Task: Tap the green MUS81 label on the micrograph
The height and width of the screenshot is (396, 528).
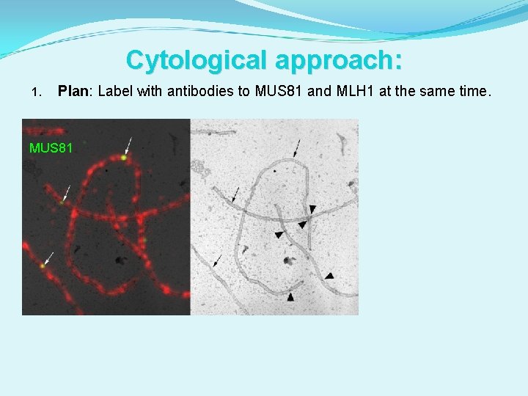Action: [51, 148]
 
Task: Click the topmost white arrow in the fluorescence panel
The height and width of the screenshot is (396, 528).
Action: [129, 144]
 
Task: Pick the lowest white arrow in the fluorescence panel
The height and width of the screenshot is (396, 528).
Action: [49, 257]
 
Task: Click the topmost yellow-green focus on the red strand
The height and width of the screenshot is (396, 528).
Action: [125, 156]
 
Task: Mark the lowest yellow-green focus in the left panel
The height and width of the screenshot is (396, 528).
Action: [43, 265]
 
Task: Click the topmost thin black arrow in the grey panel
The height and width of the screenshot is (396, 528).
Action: [297, 147]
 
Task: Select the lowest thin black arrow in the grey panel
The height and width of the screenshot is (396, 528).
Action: [218, 260]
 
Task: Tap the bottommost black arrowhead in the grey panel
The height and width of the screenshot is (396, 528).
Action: [290, 297]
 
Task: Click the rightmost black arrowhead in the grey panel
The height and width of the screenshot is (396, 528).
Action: [329, 276]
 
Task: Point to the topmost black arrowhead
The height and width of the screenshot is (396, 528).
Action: [312, 209]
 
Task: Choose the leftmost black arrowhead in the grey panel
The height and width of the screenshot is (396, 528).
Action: [278, 234]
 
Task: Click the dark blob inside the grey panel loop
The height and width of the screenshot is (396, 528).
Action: [290, 260]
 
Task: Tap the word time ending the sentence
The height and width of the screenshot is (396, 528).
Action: [472, 92]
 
